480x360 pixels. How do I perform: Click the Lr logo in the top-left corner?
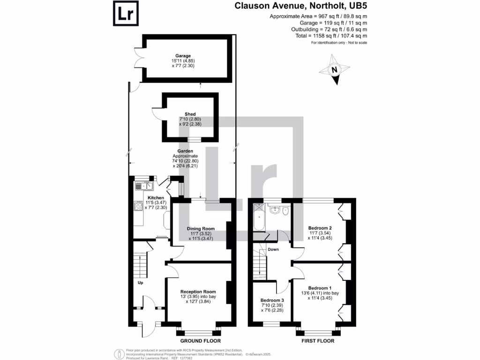click(126, 14)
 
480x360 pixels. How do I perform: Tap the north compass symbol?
click(335, 70)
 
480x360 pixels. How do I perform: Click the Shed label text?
click(190, 114)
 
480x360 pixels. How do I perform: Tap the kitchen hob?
click(138, 206)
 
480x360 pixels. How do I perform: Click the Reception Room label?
click(198, 292)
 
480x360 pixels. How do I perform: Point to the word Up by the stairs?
click(140, 283)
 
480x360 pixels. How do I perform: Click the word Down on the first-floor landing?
click(273, 249)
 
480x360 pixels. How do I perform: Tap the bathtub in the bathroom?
click(258, 218)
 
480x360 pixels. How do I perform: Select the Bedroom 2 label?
click(320, 228)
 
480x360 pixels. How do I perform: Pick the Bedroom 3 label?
click(272, 300)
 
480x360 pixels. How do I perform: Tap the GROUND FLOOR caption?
click(201, 341)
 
